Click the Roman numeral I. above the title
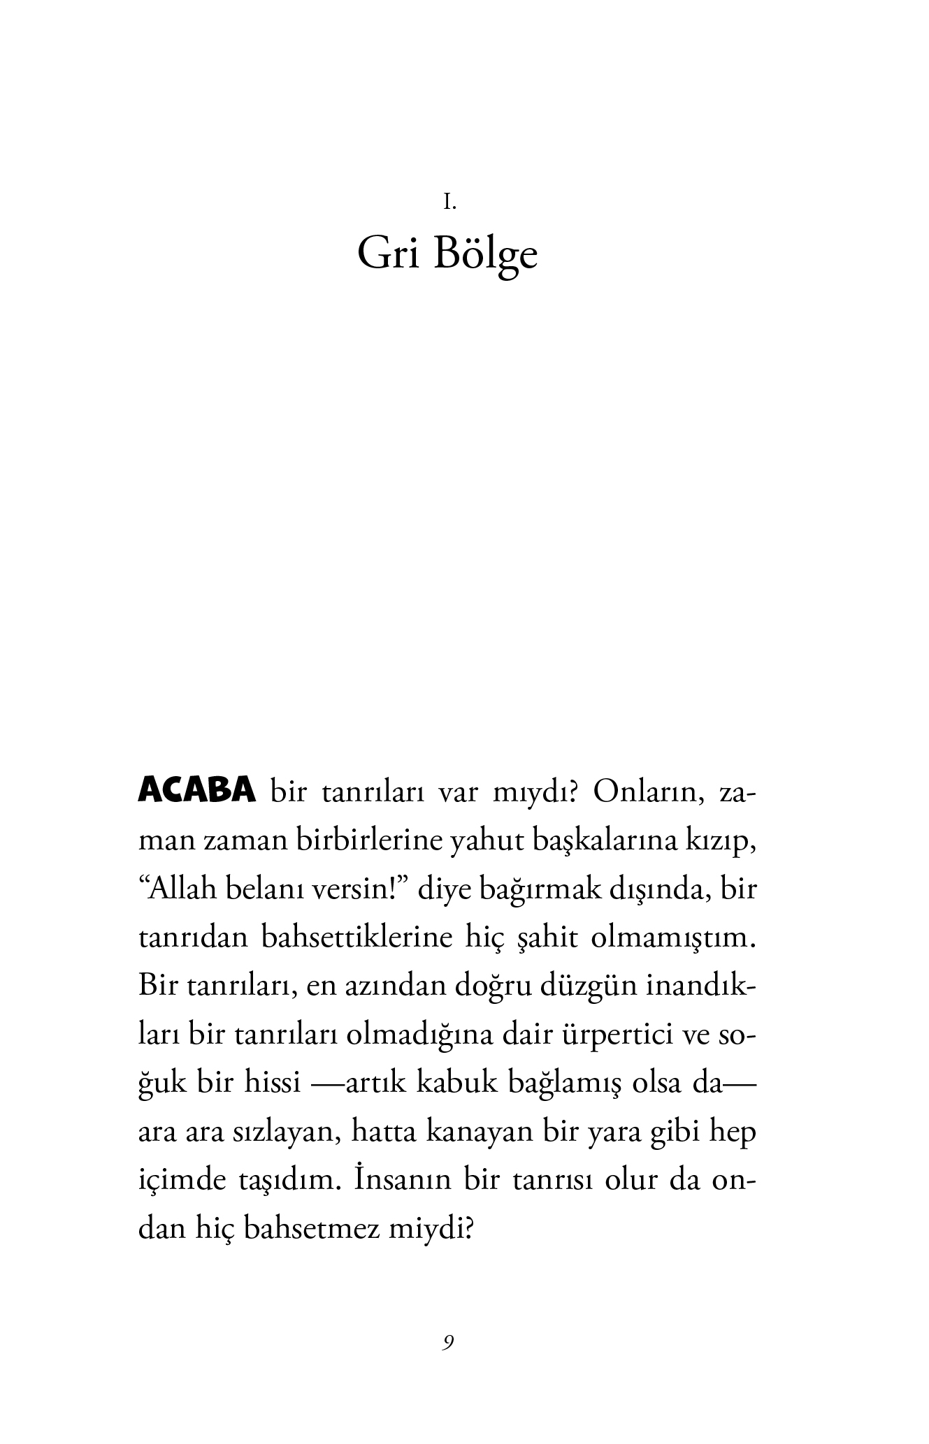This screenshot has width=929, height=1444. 449,203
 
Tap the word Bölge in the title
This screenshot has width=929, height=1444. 486,256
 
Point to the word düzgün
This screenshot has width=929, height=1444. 582,986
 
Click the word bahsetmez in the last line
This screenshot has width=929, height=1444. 312,1228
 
